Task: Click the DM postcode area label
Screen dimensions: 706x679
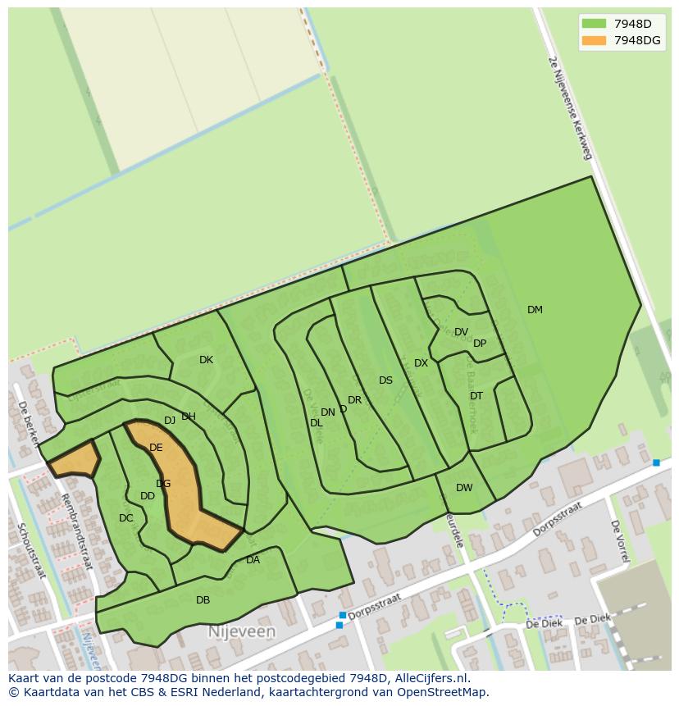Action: pos(535,310)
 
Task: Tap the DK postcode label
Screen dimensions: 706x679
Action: pos(206,360)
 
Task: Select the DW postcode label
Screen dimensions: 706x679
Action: pos(464,488)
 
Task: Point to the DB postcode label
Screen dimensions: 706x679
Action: pos(203,600)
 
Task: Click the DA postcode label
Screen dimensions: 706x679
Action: pos(253,560)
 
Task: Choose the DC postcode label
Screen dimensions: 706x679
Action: pos(125,518)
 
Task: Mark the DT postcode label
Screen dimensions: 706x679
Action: pos(476,396)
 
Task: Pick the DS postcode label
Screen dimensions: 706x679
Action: pos(385,380)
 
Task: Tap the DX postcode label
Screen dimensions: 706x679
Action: pos(421,363)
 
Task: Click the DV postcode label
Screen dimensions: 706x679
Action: pos(461,332)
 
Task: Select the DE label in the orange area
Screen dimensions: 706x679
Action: pos(156,448)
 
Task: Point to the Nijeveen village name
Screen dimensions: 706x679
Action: pos(241,632)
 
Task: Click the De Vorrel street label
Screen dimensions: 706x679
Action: pos(620,541)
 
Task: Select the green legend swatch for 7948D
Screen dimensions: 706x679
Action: pos(594,23)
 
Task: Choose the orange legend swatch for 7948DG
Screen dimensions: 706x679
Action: pos(594,40)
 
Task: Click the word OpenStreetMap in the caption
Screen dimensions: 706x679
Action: pos(439,692)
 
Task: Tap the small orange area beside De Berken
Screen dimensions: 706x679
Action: pos(75,460)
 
